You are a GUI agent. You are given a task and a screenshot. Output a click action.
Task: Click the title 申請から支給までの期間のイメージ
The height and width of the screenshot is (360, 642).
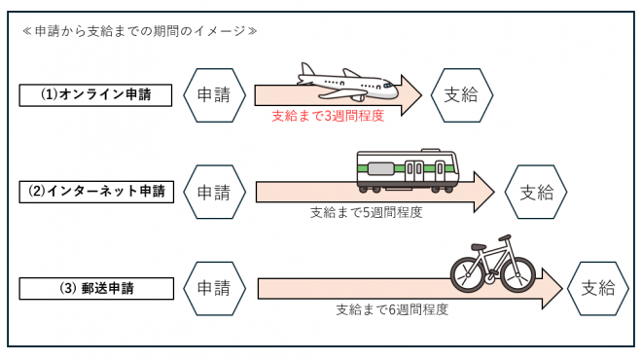140,31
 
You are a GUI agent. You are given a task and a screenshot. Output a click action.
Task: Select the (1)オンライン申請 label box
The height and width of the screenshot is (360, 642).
95,95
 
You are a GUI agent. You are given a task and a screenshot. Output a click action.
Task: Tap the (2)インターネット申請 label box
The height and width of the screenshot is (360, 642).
96,192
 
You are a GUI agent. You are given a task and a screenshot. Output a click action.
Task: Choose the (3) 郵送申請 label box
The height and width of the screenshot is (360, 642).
96,288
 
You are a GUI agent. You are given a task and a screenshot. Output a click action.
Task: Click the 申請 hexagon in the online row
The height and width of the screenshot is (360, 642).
214,95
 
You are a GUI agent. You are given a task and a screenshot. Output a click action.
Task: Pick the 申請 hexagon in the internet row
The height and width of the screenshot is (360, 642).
214,192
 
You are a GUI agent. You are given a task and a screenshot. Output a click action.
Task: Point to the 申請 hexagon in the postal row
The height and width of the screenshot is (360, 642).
214,288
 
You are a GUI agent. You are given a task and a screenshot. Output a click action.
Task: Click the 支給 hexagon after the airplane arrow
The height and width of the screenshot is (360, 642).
461,95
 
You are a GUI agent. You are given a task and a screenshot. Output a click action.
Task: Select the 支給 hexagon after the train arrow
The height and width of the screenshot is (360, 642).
536,192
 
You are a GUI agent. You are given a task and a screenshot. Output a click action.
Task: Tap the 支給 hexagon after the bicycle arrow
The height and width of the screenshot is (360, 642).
598,288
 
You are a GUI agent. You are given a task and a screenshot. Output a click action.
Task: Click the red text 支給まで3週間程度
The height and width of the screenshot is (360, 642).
328,116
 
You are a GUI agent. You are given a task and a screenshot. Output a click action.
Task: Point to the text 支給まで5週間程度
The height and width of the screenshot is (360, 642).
366,212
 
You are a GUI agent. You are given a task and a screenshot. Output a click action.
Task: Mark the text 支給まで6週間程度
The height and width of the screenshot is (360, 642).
392,309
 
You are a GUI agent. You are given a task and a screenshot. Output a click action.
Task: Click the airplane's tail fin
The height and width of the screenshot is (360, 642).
307,70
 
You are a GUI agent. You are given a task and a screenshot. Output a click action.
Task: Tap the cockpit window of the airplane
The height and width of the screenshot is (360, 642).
388,86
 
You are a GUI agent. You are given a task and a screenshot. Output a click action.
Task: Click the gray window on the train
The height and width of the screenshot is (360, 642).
380,168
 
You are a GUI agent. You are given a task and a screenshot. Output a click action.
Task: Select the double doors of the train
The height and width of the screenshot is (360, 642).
414,168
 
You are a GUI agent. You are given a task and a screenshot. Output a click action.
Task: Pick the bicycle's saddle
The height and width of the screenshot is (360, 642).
479,246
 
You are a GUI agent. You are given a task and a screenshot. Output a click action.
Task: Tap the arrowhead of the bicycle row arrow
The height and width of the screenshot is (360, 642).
553,289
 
